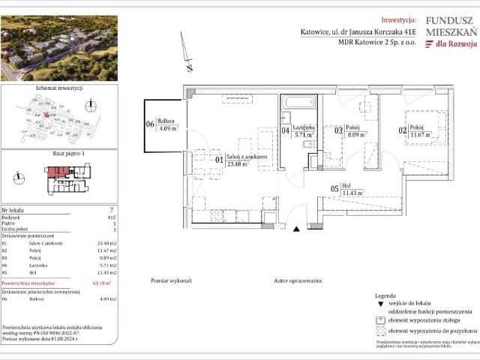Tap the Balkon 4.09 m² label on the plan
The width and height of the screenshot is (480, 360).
(166, 125)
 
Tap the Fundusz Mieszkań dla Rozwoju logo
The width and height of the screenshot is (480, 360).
(449, 34)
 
